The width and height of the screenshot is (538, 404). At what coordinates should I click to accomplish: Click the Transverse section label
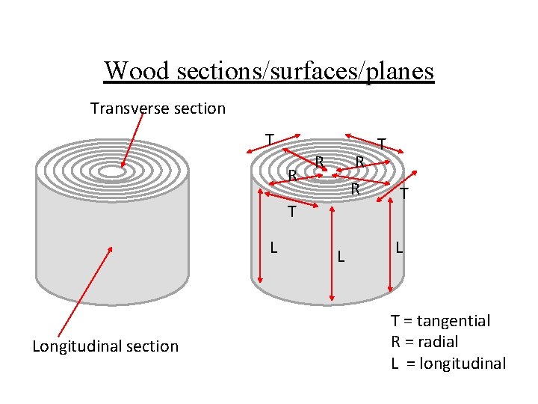pos(158,108)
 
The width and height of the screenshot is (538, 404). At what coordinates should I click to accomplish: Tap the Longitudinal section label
pos(105,346)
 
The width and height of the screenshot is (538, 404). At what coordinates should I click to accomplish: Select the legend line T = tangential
pos(440,321)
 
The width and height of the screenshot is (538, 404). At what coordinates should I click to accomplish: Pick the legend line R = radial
pos(424,342)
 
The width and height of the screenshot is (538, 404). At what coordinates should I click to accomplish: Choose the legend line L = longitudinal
pos(448,364)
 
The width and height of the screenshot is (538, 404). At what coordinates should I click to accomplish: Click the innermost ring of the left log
pos(112,172)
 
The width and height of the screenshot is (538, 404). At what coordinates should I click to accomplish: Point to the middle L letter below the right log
pos(340,257)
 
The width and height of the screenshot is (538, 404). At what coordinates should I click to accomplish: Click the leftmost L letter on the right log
pos(274,246)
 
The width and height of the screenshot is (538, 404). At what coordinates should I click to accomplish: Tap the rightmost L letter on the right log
pos(401,246)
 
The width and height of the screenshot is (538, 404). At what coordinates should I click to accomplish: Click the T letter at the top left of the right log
pos(269,139)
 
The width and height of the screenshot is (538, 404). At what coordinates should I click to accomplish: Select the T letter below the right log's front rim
pos(293,213)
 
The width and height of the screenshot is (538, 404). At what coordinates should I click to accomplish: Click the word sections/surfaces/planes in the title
pos(305,70)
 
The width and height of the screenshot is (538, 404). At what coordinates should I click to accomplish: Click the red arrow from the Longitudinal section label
pos(85,293)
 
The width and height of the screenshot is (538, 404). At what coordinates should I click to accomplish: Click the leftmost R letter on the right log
pos(293,177)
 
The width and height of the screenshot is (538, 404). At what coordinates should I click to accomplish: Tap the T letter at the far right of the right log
pos(403,194)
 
